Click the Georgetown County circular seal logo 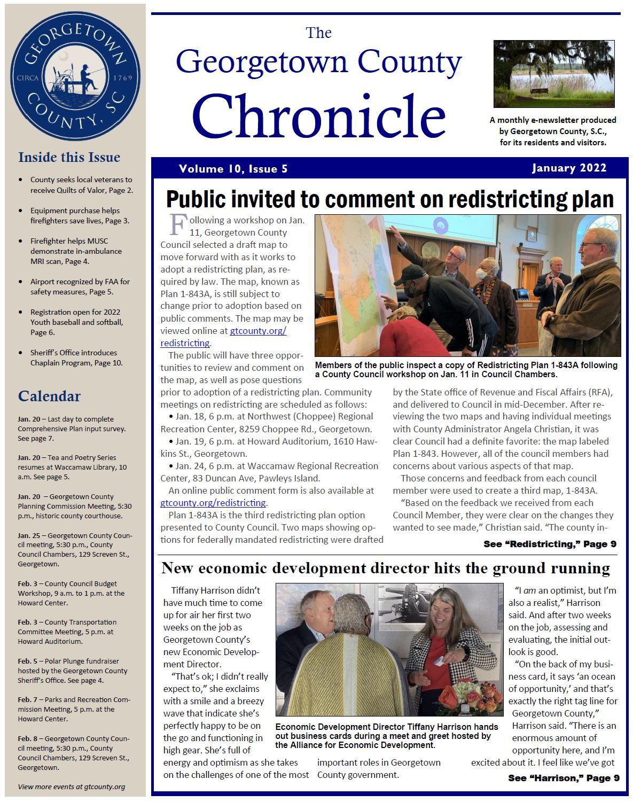75,77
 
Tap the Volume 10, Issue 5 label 233,169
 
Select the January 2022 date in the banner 569,168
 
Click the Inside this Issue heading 69,157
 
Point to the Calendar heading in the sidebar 49,396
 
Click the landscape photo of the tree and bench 553,74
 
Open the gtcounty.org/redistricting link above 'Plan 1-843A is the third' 213,503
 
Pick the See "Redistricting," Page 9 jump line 550,544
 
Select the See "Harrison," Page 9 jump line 563,778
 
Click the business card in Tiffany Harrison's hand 438,662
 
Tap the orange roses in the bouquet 450,698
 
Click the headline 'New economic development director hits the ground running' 385,568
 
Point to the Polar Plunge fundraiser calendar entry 72,671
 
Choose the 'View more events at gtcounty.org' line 72,787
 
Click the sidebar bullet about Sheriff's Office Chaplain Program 76,357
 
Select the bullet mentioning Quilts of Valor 81,184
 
